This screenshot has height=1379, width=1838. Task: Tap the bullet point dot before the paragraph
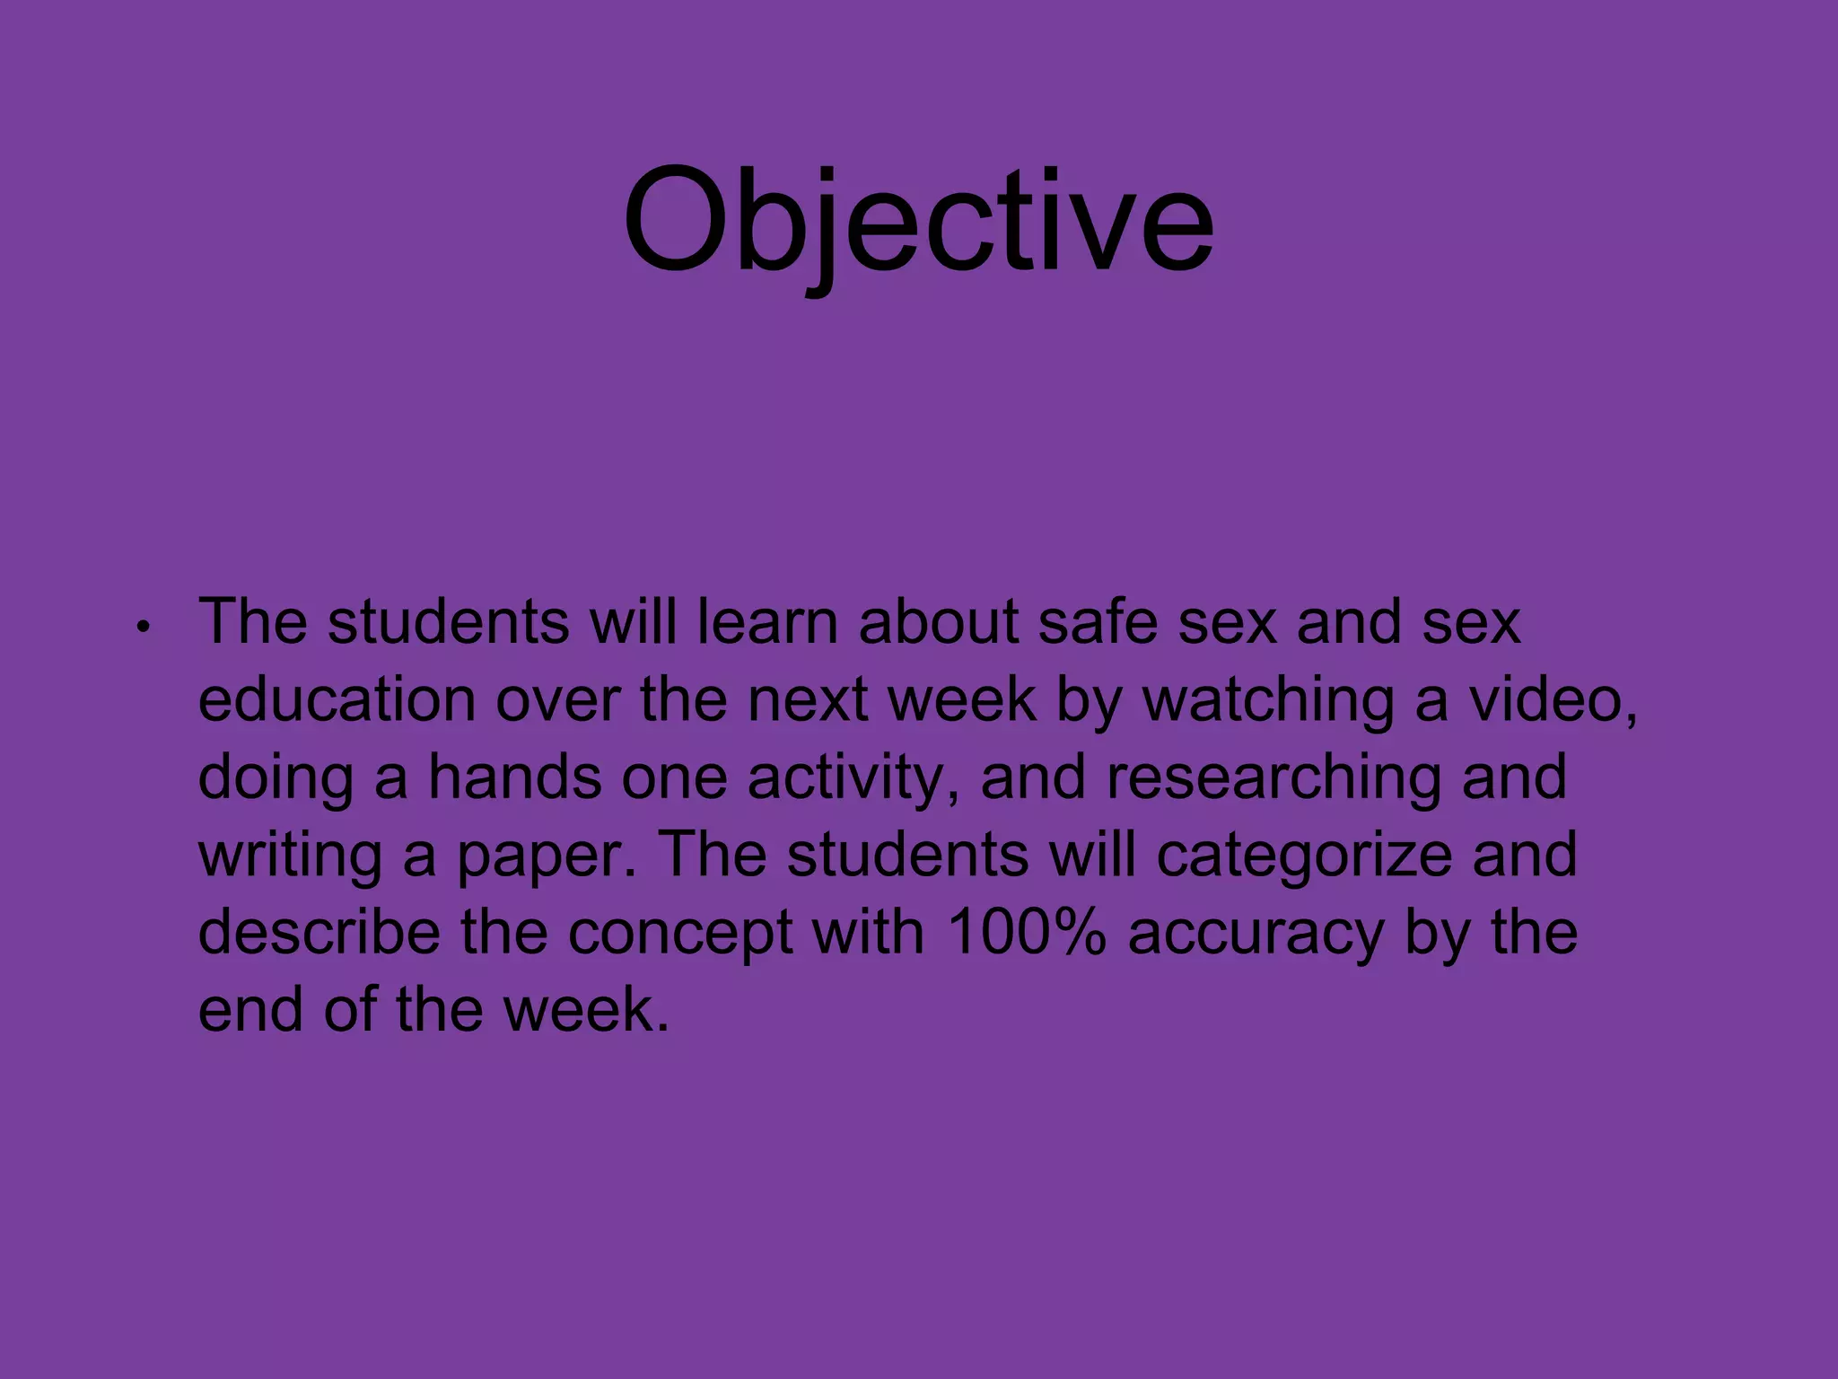(x=141, y=628)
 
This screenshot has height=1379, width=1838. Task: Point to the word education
(x=336, y=699)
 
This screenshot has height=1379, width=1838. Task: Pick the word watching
(x=1267, y=701)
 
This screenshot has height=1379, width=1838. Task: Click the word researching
(x=1274, y=778)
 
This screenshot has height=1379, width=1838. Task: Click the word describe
(x=319, y=932)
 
